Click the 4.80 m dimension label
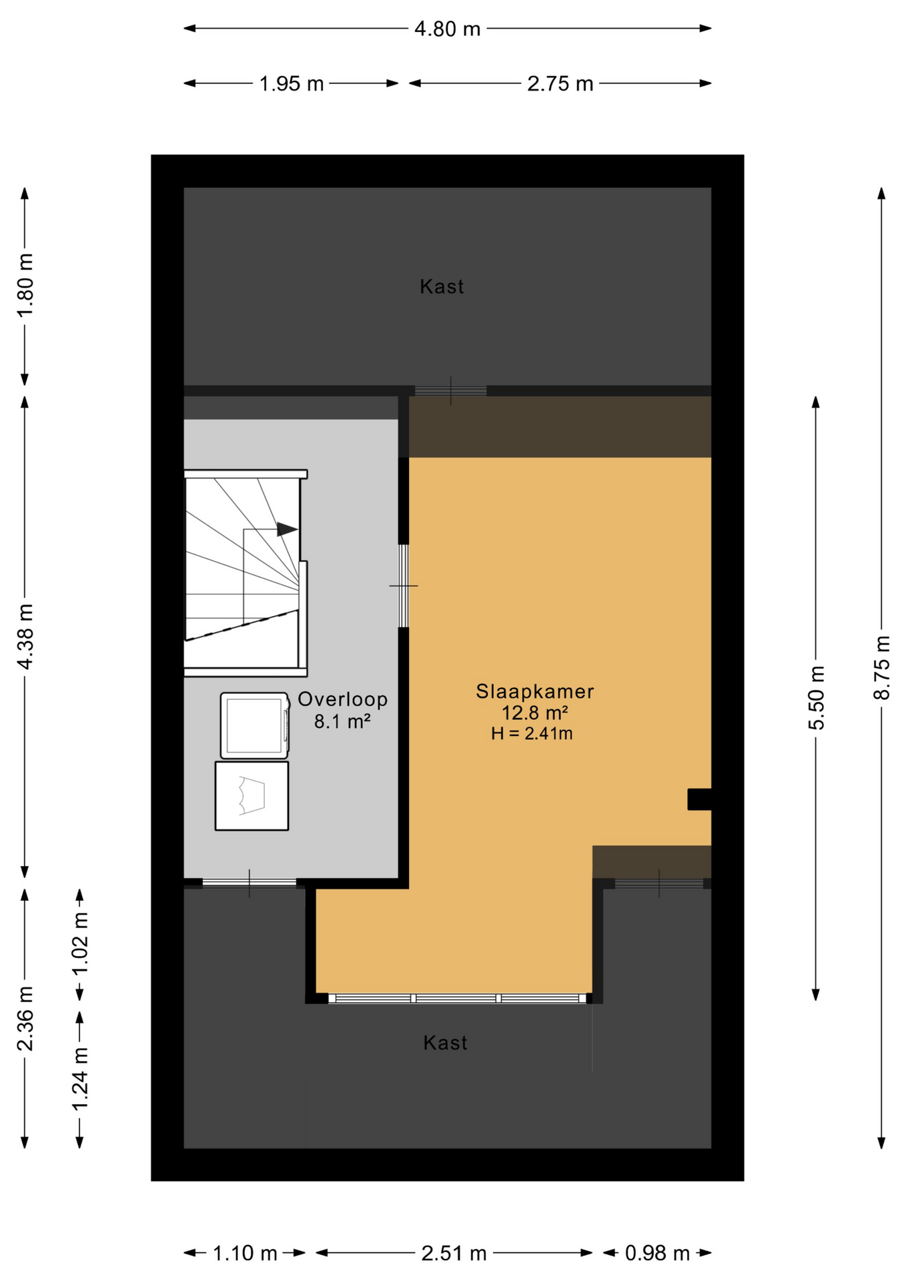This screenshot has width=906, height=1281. coord(447,29)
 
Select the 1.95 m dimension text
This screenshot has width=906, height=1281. coord(291,84)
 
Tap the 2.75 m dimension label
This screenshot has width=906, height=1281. coord(560,84)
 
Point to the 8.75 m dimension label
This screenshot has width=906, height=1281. coord(882,668)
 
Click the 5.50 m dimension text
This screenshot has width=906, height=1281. coord(817,698)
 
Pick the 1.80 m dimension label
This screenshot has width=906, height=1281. coord(25,286)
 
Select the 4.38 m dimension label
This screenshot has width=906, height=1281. coord(25,636)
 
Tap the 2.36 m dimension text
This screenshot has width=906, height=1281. coord(25,1018)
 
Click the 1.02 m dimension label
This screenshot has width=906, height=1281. coord(80,943)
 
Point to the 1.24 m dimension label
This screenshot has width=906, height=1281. coord(80,1080)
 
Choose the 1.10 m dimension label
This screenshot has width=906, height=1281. coord(244,1254)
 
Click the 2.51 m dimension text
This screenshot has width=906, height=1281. coord(454,1254)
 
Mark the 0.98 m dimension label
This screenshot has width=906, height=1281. coord(657,1254)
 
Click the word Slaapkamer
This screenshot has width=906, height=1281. coord(534,692)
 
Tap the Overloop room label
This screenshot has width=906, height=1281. coord(342,699)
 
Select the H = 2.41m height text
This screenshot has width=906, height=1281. coord(532,734)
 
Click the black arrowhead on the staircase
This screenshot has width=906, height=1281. coord(287,530)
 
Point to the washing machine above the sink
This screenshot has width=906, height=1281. coord(254,726)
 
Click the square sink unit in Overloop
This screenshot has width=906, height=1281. coord(252,796)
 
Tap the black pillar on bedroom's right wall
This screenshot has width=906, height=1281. coord(699,799)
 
